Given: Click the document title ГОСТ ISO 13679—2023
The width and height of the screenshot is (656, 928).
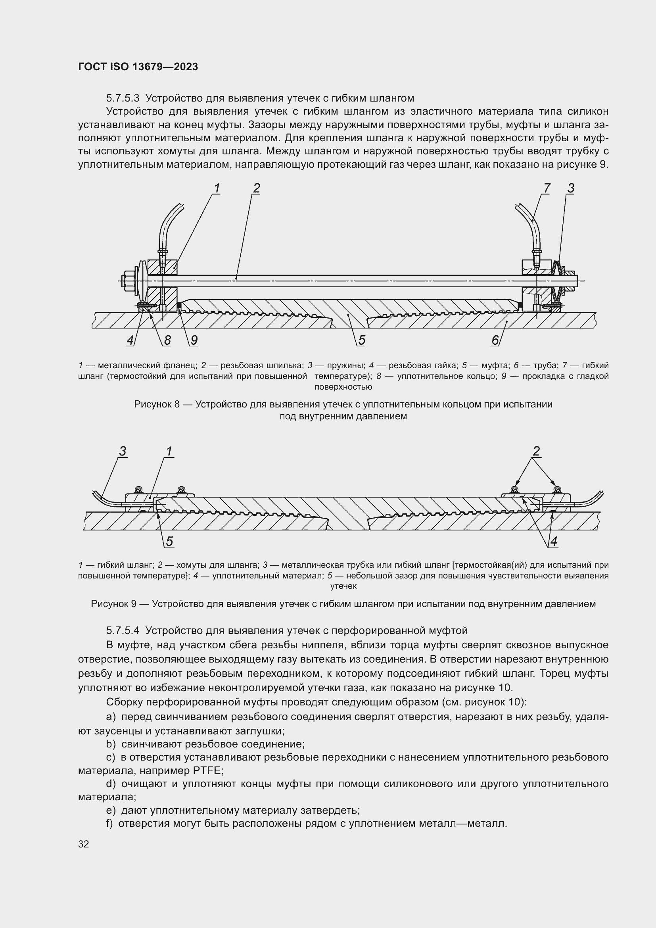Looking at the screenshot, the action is (138, 67).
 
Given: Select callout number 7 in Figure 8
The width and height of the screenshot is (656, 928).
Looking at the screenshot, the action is (547, 188).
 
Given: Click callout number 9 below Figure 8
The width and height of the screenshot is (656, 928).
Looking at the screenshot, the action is (194, 340).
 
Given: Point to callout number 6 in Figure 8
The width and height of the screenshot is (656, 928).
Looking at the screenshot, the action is (495, 340).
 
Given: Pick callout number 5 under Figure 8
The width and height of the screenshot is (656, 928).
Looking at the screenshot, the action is (362, 340).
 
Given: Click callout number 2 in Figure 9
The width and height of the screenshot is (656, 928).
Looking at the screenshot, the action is (537, 451).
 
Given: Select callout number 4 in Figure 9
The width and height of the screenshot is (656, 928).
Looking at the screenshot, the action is (554, 542).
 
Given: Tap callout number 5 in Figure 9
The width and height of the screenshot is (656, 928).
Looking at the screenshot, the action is (170, 542).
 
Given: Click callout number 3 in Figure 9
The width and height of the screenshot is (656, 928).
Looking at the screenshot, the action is (123, 451).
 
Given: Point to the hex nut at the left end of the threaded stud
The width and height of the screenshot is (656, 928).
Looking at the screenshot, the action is (128, 279).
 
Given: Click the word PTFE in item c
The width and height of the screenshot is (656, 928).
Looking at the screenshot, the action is (205, 771).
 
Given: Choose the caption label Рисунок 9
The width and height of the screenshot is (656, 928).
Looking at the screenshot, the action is (113, 604).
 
